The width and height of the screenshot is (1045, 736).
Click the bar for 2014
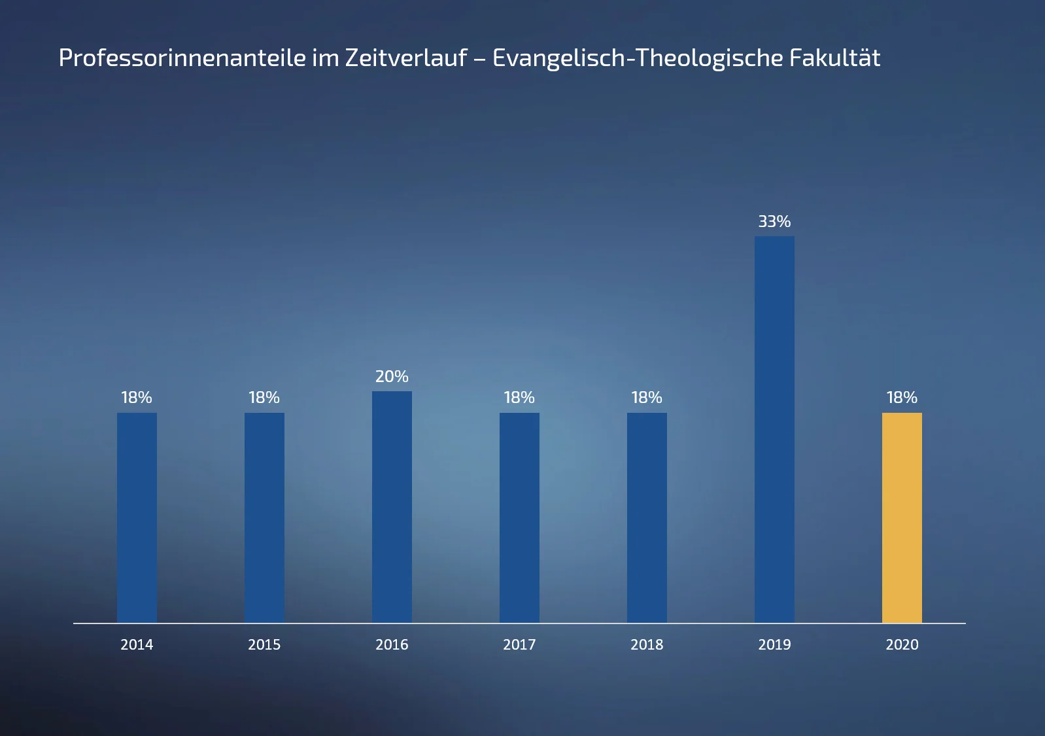click(137, 517)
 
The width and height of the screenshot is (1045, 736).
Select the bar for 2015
click(264, 517)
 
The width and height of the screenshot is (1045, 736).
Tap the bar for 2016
click(392, 507)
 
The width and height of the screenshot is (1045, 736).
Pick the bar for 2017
click(519, 517)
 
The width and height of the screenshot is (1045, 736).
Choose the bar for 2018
click(647, 517)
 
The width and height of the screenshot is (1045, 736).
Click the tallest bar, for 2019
click(774, 429)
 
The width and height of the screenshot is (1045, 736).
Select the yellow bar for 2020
click(902, 517)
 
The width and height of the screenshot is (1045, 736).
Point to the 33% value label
click(774, 222)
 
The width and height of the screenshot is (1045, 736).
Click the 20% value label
click(392, 377)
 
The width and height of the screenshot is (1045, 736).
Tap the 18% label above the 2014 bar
click(137, 398)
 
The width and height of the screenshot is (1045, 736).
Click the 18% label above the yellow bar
click(902, 398)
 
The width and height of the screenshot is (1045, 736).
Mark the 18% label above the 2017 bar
click(519, 398)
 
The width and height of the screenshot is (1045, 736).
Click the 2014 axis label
click(137, 645)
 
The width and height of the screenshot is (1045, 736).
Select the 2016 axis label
click(392, 645)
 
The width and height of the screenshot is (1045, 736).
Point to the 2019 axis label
click(774, 645)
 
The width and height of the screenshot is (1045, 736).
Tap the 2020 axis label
click(902, 645)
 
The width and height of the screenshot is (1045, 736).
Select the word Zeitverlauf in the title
click(406, 58)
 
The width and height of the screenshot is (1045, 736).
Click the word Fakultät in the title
click(834, 58)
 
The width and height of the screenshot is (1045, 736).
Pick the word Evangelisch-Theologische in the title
click(638, 58)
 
